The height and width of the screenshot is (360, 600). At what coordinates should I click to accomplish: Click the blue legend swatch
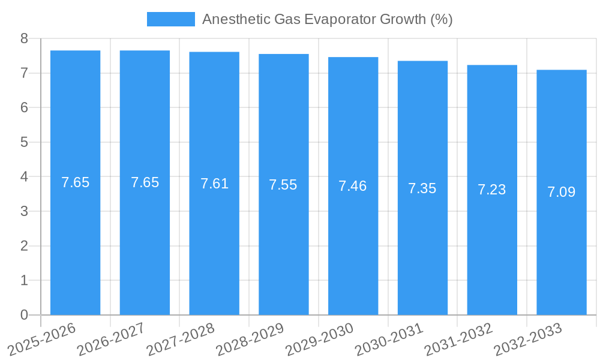point(171,19)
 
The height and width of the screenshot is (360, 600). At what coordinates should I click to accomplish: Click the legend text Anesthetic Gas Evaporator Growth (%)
point(327,19)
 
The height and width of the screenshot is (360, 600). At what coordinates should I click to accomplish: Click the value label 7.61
point(214,184)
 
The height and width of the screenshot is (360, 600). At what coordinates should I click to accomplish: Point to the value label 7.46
point(353,186)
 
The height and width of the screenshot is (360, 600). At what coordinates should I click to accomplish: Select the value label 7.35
point(422,188)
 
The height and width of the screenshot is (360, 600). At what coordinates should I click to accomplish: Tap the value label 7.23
point(492,190)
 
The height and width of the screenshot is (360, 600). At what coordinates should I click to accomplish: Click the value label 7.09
point(562,192)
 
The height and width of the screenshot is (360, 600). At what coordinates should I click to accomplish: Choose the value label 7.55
point(283,185)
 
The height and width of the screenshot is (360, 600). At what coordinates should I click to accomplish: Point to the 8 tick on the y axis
point(24,38)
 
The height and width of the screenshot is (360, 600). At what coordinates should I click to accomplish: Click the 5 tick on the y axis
point(24,142)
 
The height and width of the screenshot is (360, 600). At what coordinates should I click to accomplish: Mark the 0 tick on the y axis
point(24,315)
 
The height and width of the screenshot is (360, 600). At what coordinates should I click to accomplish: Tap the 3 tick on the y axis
point(24,211)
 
